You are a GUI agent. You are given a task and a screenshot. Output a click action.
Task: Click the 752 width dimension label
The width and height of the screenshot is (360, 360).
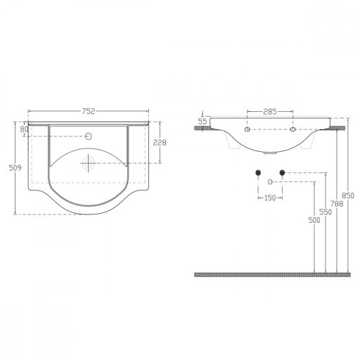click(89, 111)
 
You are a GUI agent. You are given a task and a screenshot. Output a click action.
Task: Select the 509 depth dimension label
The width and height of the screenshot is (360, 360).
click(15, 168)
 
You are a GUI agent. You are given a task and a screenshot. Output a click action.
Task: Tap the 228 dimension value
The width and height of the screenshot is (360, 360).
click(160, 142)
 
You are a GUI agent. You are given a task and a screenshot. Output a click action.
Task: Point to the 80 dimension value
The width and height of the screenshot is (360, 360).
click(24, 129)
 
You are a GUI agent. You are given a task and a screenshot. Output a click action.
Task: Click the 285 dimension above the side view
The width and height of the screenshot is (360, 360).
click(270, 112)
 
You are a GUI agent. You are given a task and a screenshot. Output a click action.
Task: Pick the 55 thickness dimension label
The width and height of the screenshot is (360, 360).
click(202, 122)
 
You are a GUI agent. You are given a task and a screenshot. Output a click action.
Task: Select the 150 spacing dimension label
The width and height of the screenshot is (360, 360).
click(270, 198)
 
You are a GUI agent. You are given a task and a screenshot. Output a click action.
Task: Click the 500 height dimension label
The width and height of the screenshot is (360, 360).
click(314, 220)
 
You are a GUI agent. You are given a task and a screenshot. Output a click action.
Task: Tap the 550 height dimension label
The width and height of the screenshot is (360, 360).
click(326, 212)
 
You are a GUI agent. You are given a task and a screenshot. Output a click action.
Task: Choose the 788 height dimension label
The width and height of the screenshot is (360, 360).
click(337, 204)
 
